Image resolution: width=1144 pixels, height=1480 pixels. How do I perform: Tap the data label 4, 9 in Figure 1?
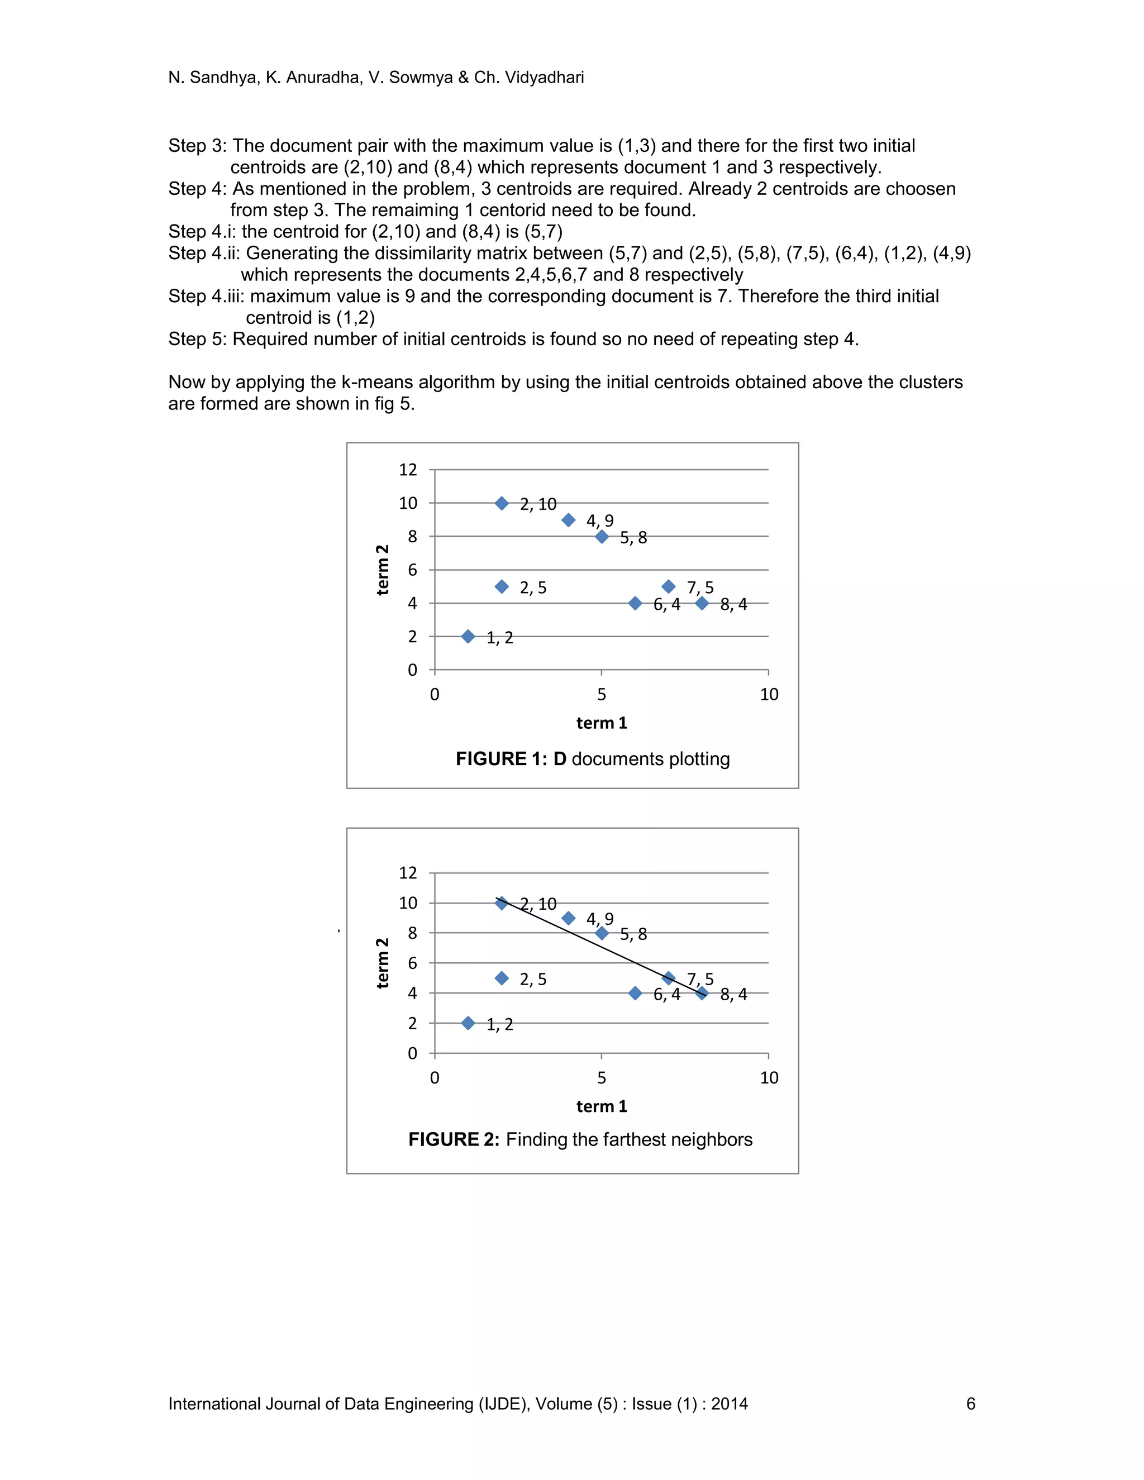coord(600,521)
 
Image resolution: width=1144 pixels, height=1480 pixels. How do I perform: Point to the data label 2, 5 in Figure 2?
coord(533,979)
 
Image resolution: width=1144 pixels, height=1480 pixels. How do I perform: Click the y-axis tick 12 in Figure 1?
coord(407,470)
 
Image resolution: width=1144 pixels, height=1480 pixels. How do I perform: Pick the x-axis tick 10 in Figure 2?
coord(769,1077)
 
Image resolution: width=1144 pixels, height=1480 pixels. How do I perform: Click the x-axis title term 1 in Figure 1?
coord(601,723)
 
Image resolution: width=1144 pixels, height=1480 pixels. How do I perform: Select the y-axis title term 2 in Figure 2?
coord(382,963)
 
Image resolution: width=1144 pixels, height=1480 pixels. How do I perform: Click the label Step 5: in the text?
coord(197,339)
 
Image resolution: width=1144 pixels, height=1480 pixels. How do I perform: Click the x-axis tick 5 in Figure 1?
coord(601,694)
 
